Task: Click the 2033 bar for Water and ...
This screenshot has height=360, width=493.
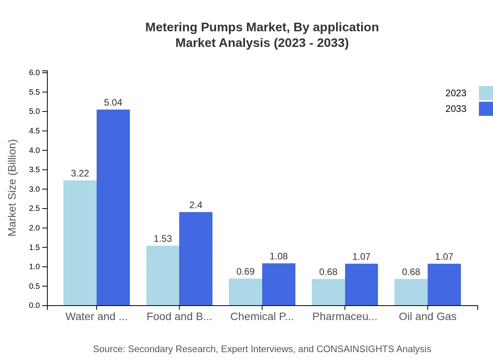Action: tap(113, 207)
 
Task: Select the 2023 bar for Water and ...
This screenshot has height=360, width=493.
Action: tap(80, 243)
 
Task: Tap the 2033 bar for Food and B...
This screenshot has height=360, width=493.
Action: tap(196, 259)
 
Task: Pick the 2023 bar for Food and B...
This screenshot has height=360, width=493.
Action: tap(163, 275)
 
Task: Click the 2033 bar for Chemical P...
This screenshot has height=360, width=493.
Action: tap(279, 284)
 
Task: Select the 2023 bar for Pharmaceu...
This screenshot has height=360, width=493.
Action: tap(328, 292)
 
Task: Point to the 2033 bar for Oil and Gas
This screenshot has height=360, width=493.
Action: tap(444, 284)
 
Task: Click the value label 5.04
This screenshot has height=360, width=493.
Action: tap(113, 103)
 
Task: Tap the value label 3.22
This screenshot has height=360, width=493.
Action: tap(80, 173)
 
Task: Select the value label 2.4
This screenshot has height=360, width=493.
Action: tap(196, 205)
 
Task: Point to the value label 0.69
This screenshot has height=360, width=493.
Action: tap(245, 272)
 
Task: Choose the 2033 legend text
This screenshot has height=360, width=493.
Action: tap(456, 109)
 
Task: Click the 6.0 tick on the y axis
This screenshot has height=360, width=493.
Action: tap(35, 73)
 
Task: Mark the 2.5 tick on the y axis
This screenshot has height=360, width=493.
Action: tap(35, 209)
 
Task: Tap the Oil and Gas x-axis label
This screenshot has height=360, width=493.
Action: tap(427, 317)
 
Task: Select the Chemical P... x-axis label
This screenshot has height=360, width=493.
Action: tap(262, 317)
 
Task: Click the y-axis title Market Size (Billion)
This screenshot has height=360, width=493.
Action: tap(13, 188)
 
